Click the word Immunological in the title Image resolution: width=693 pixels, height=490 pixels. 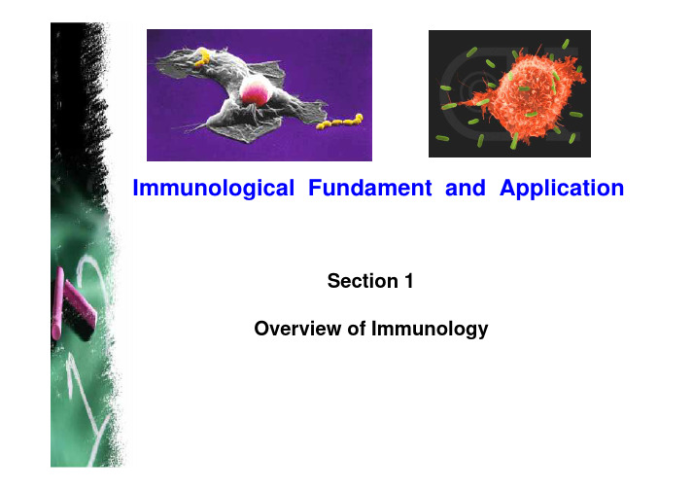point(214,188)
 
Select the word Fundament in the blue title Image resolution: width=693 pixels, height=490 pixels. point(370,188)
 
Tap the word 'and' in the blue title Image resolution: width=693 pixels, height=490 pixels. point(465,188)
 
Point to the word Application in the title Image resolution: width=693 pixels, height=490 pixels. point(562,188)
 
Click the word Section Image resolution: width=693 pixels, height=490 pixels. point(363,281)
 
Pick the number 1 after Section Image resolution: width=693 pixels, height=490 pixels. point(409,281)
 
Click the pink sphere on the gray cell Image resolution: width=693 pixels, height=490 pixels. point(255,90)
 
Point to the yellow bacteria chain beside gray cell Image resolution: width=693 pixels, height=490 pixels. point(340,122)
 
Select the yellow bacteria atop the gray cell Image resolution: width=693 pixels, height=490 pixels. point(202,58)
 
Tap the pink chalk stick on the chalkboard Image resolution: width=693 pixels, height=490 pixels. point(57,303)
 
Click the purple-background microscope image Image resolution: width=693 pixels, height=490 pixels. point(260,95)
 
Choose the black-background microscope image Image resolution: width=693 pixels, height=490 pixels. point(509,93)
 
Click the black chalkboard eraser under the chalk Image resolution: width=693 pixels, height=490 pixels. point(79,314)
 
